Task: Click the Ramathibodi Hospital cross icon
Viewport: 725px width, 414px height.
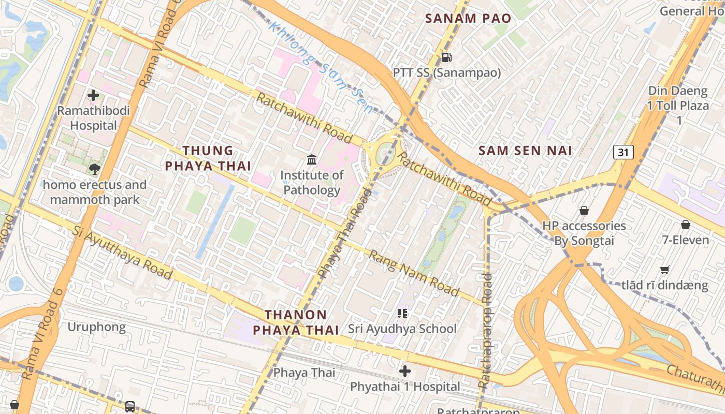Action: pyautogui.click(x=93, y=95)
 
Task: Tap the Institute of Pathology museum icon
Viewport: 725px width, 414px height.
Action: pyautogui.click(x=312, y=160)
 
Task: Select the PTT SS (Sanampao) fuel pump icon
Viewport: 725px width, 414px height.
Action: pyautogui.click(x=446, y=57)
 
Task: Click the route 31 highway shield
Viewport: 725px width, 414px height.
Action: pyautogui.click(x=624, y=152)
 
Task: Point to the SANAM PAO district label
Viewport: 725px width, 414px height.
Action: pyautogui.click(x=468, y=19)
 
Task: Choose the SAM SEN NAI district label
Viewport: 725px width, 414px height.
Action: pyautogui.click(x=525, y=151)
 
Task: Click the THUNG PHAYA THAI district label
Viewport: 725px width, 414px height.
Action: pyautogui.click(x=208, y=158)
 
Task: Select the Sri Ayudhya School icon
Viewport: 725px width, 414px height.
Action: pyautogui.click(x=402, y=313)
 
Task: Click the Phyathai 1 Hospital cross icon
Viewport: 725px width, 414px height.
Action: pyautogui.click(x=405, y=371)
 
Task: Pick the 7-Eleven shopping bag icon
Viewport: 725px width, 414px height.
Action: pyautogui.click(x=686, y=225)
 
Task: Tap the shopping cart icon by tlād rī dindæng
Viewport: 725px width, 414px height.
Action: pyautogui.click(x=665, y=270)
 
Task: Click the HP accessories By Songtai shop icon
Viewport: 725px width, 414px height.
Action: pyautogui.click(x=584, y=211)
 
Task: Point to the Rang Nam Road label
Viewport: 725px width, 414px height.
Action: pyautogui.click(x=414, y=273)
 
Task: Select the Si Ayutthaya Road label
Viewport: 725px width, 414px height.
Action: pyautogui.click(x=122, y=252)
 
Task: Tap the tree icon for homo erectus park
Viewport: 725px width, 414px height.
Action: pyautogui.click(x=94, y=169)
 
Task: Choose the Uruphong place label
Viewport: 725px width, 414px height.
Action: pyautogui.click(x=97, y=327)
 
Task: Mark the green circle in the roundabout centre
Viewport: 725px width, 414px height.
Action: pyautogui.click(x=386, y=152)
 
